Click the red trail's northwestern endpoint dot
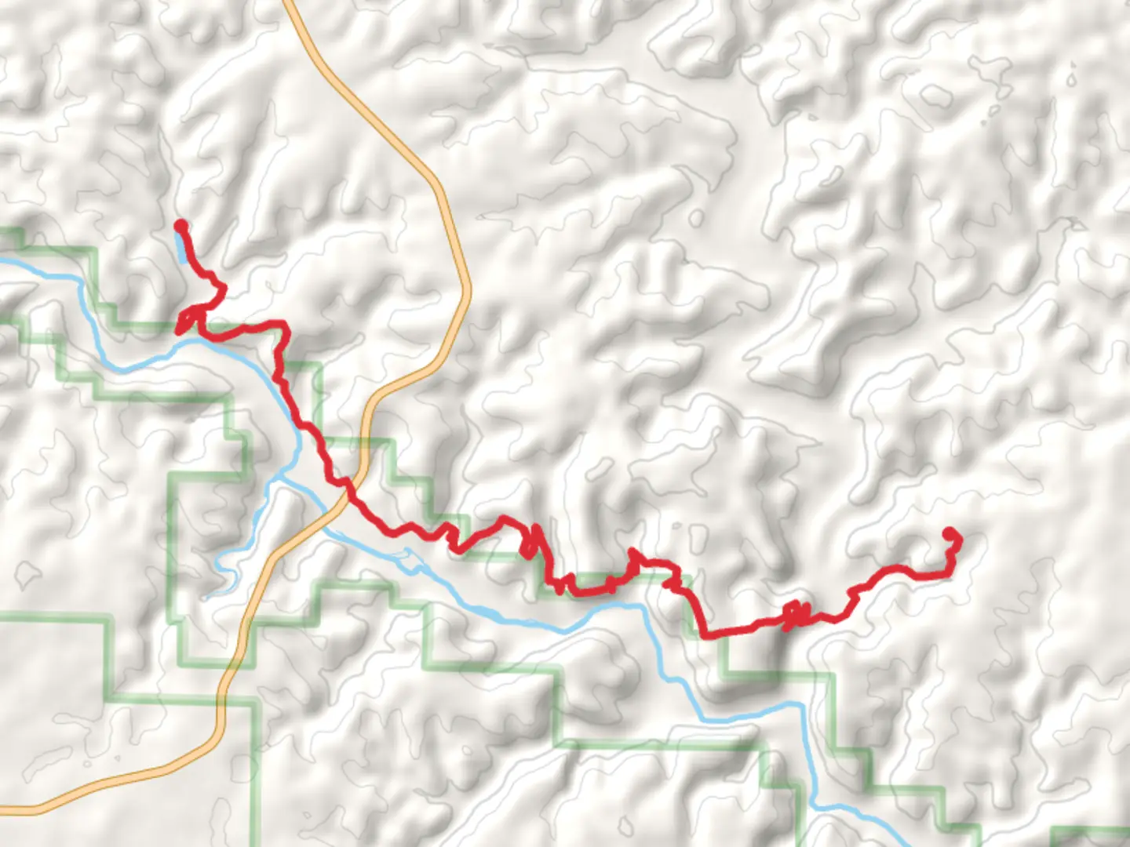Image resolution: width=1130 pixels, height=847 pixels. click(x=180, y=226)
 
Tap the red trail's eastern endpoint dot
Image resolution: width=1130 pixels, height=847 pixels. click(x=951, y=535)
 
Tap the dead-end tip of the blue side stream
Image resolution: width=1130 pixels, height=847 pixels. click(x=206, y=598)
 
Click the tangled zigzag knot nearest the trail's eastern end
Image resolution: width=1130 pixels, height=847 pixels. click(x=794, y=615)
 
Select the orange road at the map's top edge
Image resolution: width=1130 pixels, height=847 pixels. click(x=287, y=3)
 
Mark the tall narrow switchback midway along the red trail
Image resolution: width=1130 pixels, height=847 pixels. click(x=530, y=541)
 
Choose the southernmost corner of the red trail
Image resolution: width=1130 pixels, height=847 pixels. click(x=710, y=635)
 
